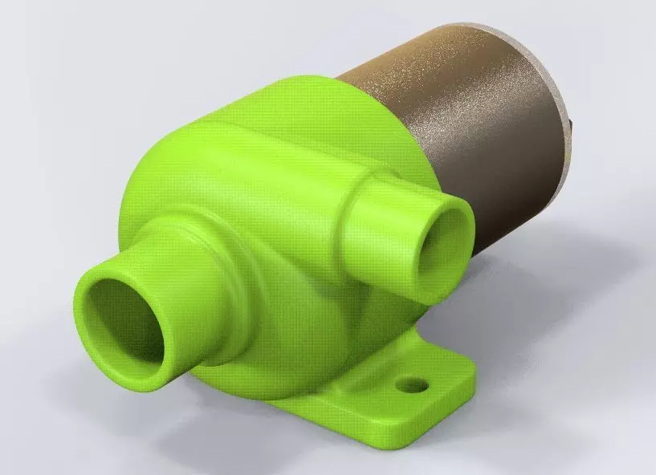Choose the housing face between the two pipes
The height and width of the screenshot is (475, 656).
click(x=297, y=233)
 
